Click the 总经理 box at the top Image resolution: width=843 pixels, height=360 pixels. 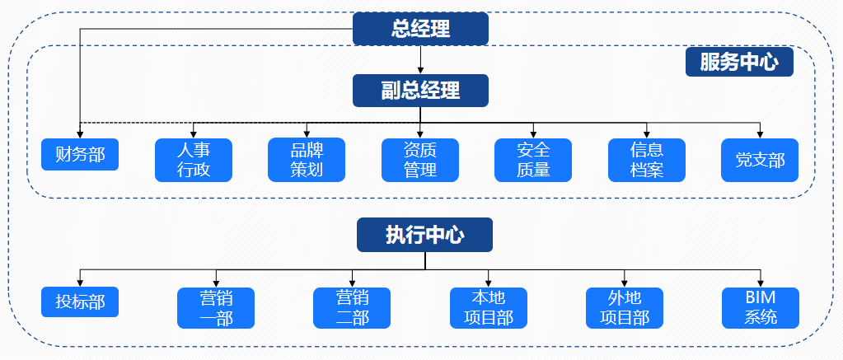[x=421, y=29]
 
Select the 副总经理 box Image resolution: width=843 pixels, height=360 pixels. [x=421, y=91]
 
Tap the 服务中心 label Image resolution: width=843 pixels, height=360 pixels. [x=739, y=63]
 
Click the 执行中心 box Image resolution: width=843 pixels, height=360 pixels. [x=424, y=235]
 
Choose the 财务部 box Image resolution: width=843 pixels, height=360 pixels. [x=80, y=154]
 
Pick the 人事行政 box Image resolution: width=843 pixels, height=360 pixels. [x=194, y=160]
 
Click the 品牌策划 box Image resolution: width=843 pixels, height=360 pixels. [x=307, y=160]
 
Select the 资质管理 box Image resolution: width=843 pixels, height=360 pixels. [x=420, y=160]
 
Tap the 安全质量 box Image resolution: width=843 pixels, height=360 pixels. [x=533, y=160]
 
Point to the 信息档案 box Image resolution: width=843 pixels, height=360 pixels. [x=647, y=160]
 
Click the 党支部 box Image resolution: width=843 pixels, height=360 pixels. [x=760, y=160]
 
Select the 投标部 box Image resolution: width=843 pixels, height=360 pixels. [x=80, y=302]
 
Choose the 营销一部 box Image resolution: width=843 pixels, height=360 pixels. [x=216, y=307]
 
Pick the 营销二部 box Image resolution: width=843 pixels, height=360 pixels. [x=352, y=307]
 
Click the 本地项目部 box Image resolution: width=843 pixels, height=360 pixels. [x=488, y=307]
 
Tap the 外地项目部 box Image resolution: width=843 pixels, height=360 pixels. [x=624, y=307]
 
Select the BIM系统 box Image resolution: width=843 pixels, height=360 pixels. [x=760, y=307]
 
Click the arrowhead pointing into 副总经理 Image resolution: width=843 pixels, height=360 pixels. [x=421, y=70]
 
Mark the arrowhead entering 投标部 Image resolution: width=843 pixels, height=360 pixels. [x=80, y=282]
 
